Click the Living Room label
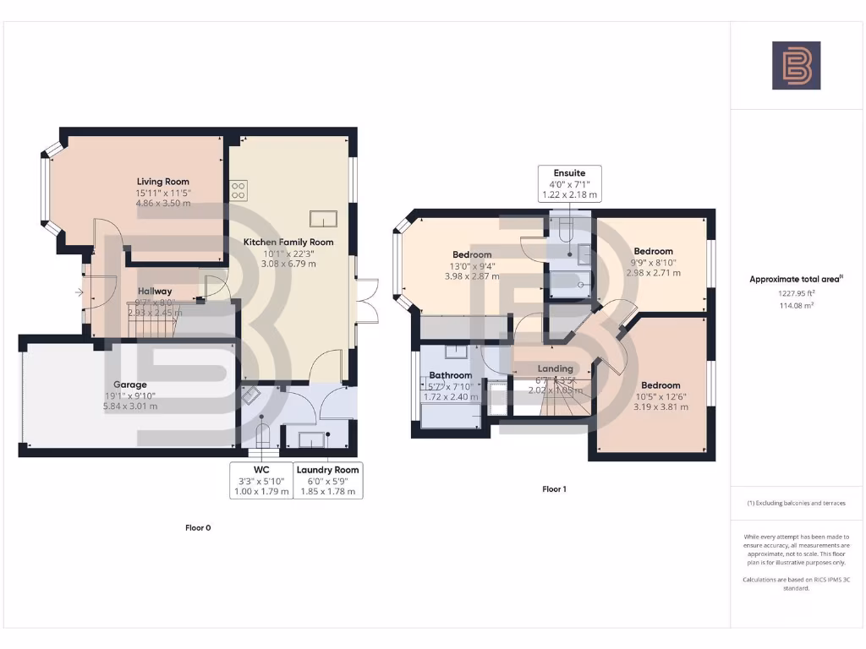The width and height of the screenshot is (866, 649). [163, 182]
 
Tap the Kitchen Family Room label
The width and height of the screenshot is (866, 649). [288, 243]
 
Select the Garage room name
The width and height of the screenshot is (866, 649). [130, 384]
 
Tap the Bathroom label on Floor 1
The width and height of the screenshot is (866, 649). [450, 375]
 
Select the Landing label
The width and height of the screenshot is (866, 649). [556, 369]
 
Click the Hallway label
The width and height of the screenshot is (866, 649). [154, 292]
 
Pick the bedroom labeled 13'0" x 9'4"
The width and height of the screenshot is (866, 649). [472, 255]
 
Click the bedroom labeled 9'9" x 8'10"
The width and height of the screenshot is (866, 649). [653, 252]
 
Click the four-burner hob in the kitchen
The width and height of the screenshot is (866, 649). [238, 191]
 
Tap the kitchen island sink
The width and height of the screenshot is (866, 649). [323, 219]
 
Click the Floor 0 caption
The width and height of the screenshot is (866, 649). [198, 528]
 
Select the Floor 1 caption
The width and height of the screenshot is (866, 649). [554, 489]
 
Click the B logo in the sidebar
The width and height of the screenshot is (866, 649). [796, 66]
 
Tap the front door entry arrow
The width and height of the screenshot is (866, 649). [79, 293]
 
